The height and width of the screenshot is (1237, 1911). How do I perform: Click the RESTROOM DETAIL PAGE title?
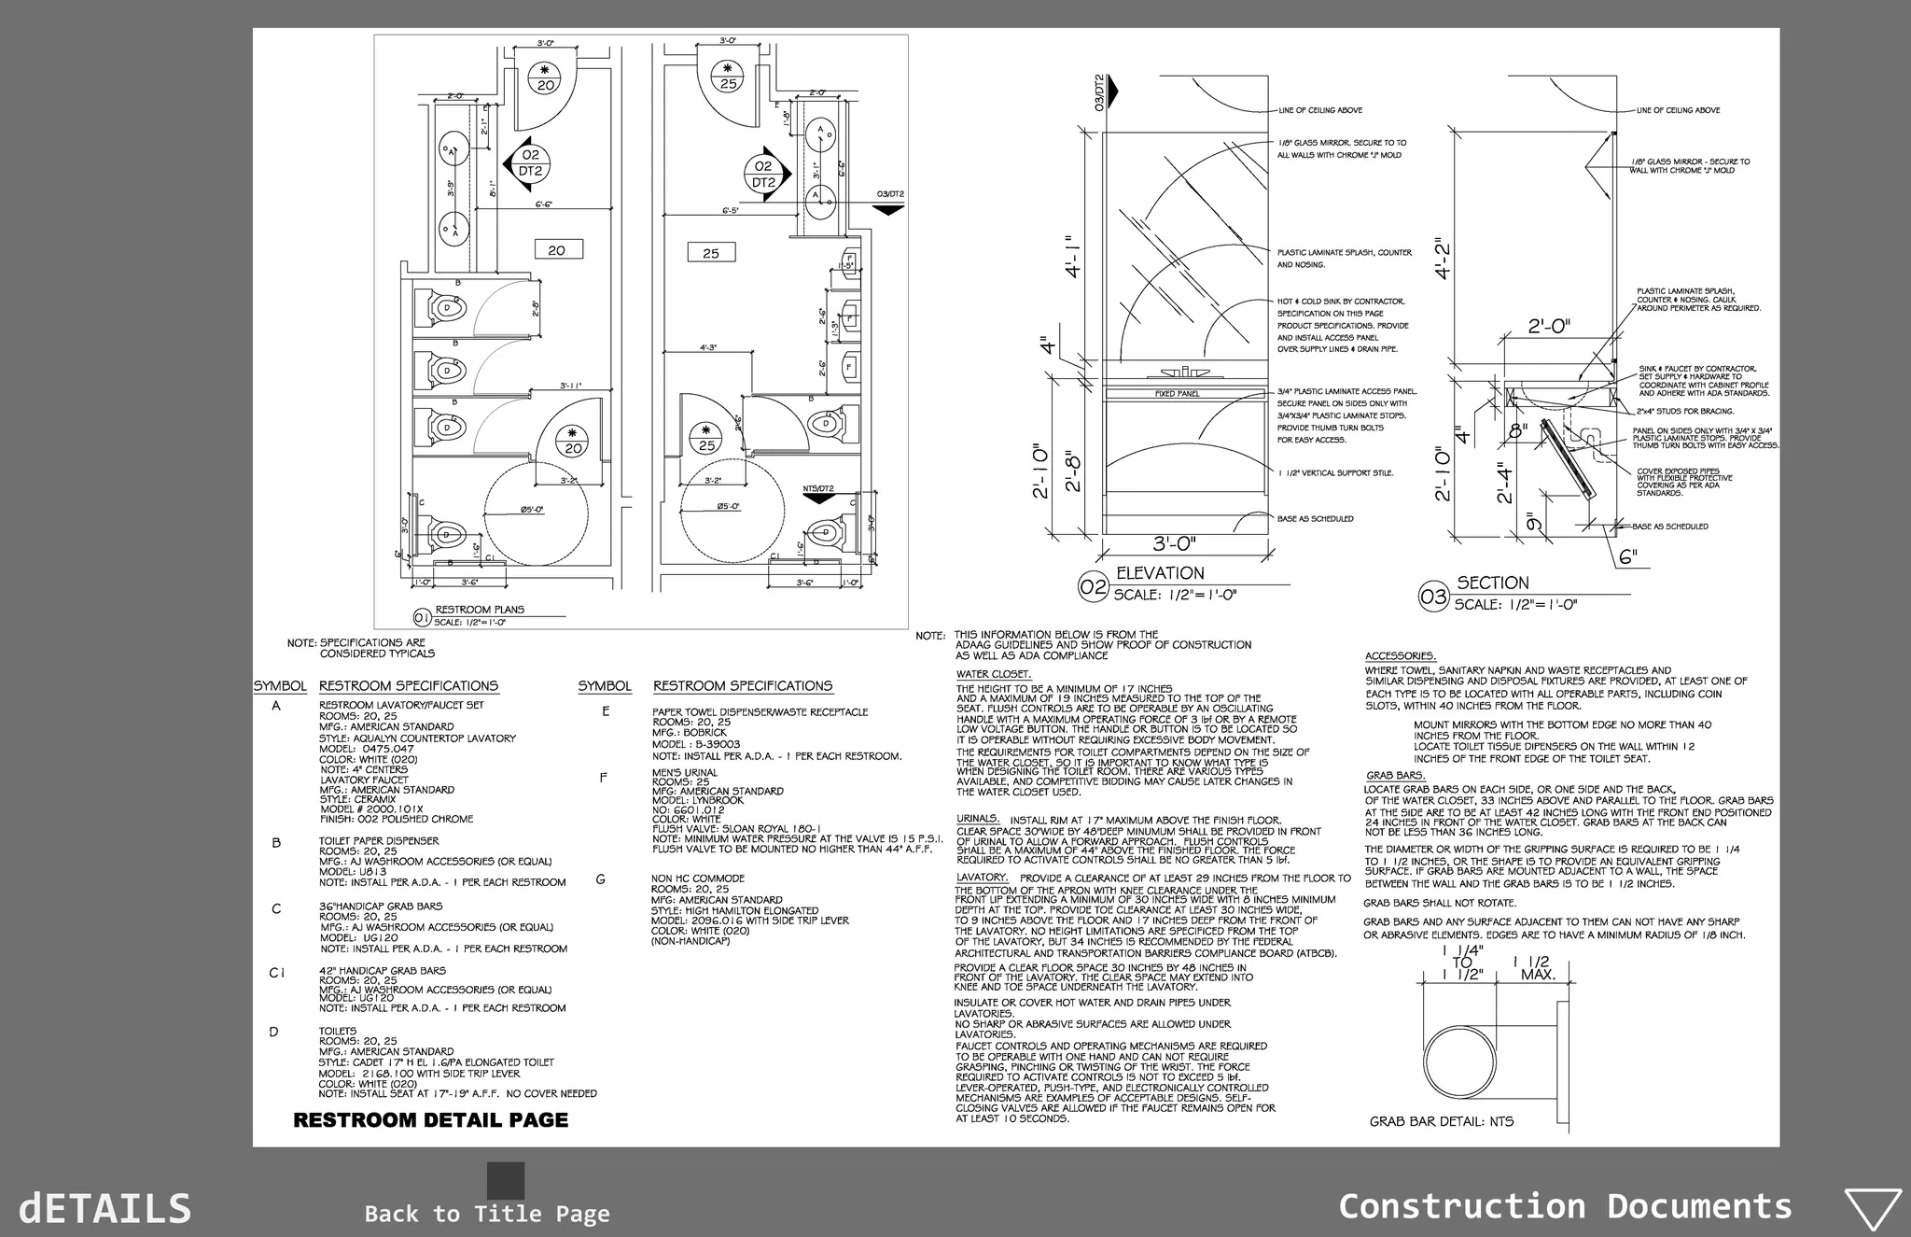pyautogui.click(x=430, y=1120)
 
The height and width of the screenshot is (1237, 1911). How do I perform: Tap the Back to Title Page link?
pyautogui.click(x=487, y=1214)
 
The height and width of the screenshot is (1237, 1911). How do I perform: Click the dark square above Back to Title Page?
pyautogui.click(x=506, y=1180)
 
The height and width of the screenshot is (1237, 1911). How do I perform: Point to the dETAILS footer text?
pyautogui.click(x=105, y=1208)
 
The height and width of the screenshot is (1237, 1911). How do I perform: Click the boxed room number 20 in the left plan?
pyautogui.click(x=557, y=249)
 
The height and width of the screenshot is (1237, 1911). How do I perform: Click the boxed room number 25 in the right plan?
pyautogui.click(x=711, y=252)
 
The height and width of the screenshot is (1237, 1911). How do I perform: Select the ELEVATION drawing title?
pyautogui.click(x=1160, y=573)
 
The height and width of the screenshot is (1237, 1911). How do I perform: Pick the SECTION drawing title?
pyautogui.click(x=1493, y=583)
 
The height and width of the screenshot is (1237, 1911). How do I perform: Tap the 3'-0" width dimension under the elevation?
pyautogui.click(x=1174, y=544)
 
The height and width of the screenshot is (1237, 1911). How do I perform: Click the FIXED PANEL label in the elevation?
pyautogui.click(x=1177, y=394)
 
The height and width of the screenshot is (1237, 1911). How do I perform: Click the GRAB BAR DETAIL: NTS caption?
pyautogui.click(x=1441, y=1121)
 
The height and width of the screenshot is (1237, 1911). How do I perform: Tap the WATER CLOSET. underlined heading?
pyautogui.click(x=993, y=674)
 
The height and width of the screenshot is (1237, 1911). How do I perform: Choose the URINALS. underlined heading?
pyautogui.click(x=977, y=819)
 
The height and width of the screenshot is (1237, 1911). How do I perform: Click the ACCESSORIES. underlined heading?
pyautogui.click(x=1400, y=656)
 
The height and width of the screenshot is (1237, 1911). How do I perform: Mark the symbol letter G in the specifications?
pyautogui.click(x=600, y=879)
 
